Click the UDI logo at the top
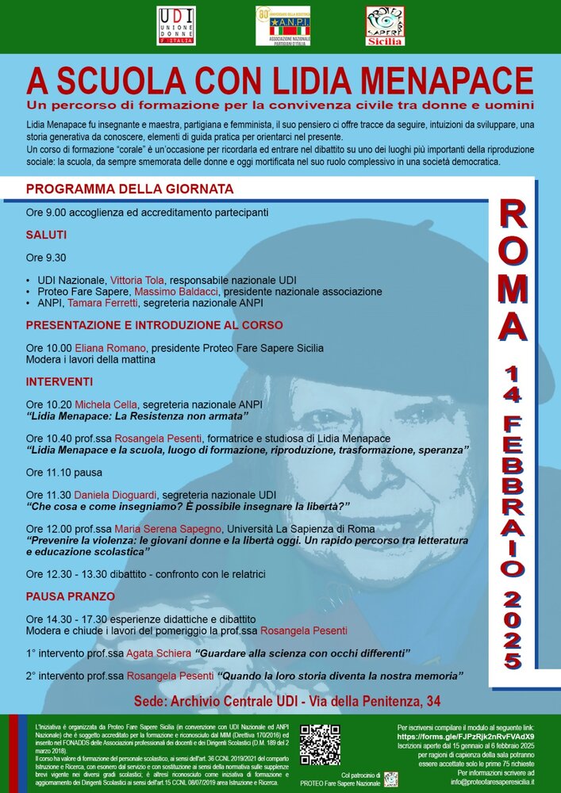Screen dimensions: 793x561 tap(176, 26)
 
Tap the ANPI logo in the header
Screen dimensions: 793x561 tap(282, 26)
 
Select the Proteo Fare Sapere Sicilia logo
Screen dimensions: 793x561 tap(385, 26)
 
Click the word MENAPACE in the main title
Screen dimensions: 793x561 tap(443, 81)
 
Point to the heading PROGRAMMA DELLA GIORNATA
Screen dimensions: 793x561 tap(129, 190)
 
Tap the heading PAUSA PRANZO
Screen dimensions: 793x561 tap(71, 596)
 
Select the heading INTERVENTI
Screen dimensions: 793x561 tap(60, 382)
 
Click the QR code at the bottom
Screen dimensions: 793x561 tap(320, 745)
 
